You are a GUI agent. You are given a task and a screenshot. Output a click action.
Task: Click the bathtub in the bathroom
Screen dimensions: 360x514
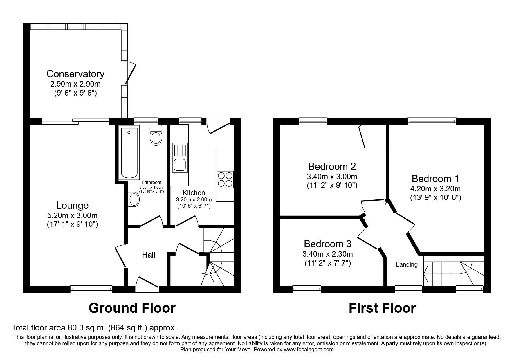(x=129, y=152)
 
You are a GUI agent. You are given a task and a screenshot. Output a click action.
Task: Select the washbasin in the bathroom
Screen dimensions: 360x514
(x=134, y=199)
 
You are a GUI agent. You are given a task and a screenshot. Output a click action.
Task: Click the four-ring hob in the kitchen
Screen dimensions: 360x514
(x=225, y=180)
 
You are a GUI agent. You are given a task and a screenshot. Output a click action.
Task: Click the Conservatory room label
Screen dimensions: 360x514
(x=75, y=74)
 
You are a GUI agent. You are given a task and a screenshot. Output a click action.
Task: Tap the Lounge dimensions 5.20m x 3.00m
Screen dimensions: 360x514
(x=72, y=215)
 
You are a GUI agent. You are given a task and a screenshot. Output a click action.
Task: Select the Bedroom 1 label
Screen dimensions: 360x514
(x=435, y=178)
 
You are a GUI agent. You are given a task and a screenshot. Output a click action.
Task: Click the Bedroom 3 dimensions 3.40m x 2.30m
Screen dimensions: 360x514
(x=327, y=254)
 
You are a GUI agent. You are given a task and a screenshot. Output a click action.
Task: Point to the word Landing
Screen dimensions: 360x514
(x=407, y=264)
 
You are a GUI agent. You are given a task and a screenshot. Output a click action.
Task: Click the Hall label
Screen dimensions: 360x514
(x=148, y=255)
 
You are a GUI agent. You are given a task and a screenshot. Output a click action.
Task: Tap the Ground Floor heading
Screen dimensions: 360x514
(x=132, y=308)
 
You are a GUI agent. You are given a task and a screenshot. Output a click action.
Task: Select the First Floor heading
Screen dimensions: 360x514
(x=382, y=308)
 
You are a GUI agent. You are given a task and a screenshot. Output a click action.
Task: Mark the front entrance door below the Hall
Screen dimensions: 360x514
(x=147, y=285)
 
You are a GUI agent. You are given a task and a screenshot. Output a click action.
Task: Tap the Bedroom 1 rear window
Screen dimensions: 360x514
(x=432, y=121)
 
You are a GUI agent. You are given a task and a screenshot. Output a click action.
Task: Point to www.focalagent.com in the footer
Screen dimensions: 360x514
(x=309, y=350)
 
